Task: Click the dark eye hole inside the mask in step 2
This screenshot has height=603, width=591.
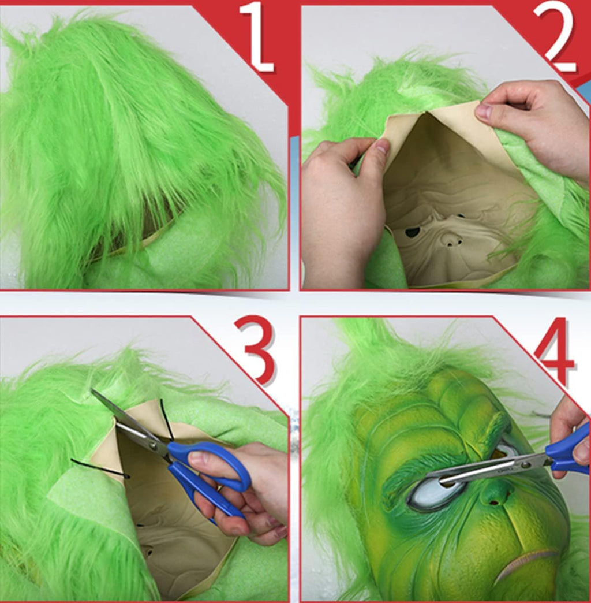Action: point(413,232)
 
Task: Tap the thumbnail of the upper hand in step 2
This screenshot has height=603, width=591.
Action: point(482,111)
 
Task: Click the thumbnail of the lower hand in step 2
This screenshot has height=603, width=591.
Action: point(382,146)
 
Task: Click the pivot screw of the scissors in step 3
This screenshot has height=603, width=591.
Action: point(154,446)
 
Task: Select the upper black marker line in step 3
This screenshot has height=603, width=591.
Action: point(166,419)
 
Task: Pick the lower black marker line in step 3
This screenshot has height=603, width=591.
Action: point(100,468)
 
